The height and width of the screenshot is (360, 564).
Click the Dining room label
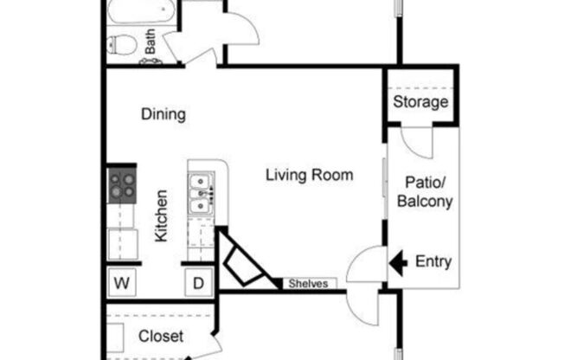[x=163, y=114]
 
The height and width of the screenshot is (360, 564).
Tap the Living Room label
[x=310, y=176]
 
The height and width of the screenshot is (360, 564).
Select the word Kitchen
[x=161, y=216]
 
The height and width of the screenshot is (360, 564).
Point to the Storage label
[x=420, y=102]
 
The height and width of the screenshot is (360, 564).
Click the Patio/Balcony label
[x=425, y=192]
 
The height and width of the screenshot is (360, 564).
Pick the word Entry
[x=433, y=261]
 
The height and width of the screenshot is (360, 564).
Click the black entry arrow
[x=398, y=262]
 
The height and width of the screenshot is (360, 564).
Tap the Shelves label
[x=308, y=284]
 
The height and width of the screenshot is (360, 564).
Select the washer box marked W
[x=122, y=283]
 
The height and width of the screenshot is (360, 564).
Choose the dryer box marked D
[x=199, y=283]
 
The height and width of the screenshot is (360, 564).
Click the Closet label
[x=161, y=337]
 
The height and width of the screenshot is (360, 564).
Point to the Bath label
[x=151, y=42]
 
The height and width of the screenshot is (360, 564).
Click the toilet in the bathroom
[x=122, y=45]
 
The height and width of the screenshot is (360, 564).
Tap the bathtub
[x=141, y=10]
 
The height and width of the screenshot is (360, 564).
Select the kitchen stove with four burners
[x=122, y=186]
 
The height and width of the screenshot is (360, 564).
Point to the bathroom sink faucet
[x=151, y=61]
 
